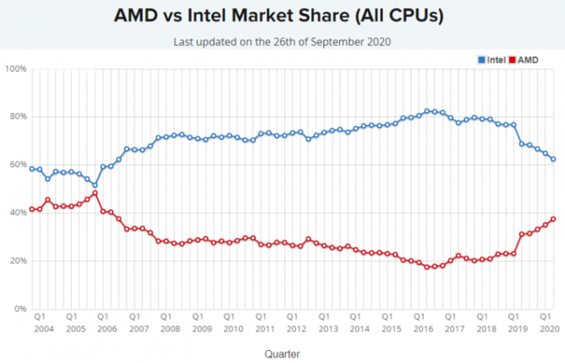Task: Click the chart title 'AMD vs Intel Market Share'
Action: pos(282,16)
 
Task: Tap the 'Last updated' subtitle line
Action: pos(282,41)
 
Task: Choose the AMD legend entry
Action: pos(525,60)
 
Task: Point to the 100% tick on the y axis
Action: pos(16,69)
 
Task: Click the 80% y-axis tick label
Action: pos(18,117)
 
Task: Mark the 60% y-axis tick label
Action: pos(18,165)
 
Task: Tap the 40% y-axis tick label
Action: pos(18,213)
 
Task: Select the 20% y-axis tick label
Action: pos(18,261)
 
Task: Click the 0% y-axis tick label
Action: pos(20,309)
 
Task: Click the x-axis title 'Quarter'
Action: pos(282,353)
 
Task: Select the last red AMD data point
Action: pos(554,219)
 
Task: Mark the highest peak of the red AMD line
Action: pos(95,193)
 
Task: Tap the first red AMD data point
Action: pos(31,209)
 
